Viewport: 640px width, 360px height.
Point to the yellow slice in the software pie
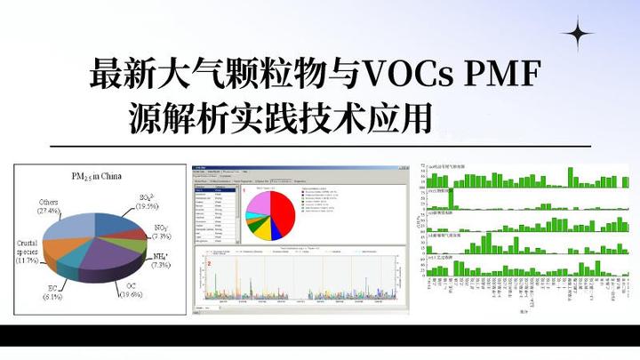coord(267,233)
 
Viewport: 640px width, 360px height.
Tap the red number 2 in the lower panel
coord(208,264)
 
